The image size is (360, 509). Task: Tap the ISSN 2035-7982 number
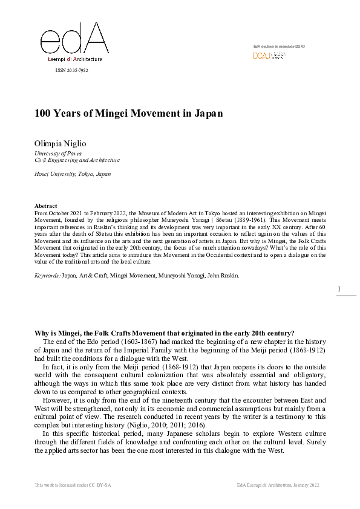point(71,71)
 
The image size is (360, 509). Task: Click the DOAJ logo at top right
point(269,56)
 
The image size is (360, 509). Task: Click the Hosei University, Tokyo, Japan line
point(73,174)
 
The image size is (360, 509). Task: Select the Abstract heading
point(46,206)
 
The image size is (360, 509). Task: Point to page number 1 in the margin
point(339,290)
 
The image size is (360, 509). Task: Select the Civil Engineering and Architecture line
point(77,161)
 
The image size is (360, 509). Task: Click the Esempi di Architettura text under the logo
point(75,59)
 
